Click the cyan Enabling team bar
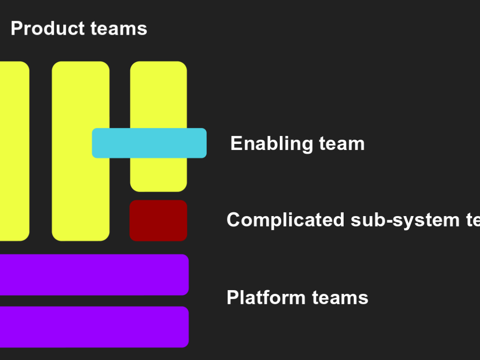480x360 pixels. [x=149, y=143]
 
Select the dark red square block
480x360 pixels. [x=158, y=220]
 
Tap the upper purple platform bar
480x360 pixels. [x=94, y=275]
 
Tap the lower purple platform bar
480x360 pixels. [x=94, y=327]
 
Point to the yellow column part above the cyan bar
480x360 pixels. [x=158, y=94]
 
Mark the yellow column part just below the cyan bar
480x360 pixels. [x=158, y=174]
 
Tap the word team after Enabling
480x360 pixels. [x=342, y=143]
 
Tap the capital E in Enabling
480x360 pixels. [x=235, y=143]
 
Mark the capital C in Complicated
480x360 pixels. [x=233, y=220]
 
